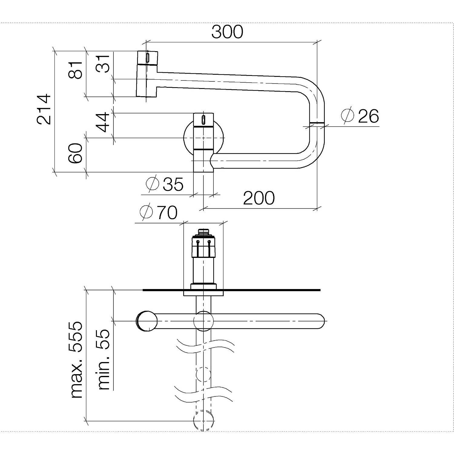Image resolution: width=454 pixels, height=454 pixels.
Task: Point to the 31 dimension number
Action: (103, 64)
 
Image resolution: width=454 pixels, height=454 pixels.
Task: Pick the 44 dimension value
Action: (103, 122)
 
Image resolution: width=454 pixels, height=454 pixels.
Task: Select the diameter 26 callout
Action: (360, 116)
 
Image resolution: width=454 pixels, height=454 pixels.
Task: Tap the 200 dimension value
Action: (259, 198)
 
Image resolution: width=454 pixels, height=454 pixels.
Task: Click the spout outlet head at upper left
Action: (147, 74)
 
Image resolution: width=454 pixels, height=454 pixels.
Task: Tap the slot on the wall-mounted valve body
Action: (203, 120)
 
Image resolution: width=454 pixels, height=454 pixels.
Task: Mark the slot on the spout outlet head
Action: (147, 58)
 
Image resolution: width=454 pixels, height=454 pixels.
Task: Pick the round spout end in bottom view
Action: (147, 321)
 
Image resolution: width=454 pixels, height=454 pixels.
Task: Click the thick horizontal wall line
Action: (232, 290)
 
